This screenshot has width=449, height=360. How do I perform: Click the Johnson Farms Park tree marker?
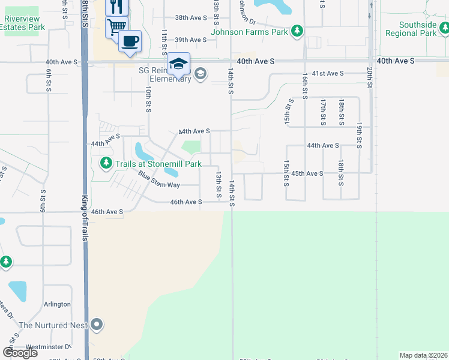coord(296,31)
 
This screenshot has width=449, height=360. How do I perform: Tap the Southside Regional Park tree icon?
coord(443,27)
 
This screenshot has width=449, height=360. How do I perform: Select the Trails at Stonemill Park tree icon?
coord(106,163)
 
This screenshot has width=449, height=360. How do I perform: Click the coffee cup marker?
coord(130,41)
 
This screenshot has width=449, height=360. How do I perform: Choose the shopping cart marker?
coord(116,26)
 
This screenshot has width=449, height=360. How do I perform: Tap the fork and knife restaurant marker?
coord(116,7)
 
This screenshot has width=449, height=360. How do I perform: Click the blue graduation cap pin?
coord(178,64)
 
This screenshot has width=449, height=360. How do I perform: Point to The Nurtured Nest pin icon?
coord(97,325)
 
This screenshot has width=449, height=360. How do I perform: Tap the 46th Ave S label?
coord(186,203)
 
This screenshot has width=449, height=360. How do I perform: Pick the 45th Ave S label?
coord(307,173)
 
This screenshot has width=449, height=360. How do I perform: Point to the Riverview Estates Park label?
coord(24,23)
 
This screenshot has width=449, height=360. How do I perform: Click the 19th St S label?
coord(359,136)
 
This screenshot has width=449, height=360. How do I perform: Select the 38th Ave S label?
coord(190,18)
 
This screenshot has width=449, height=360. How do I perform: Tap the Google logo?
coord(20,352)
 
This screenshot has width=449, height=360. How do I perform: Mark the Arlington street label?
coord(57,304)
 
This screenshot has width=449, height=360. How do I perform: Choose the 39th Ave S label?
coord(190,40)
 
